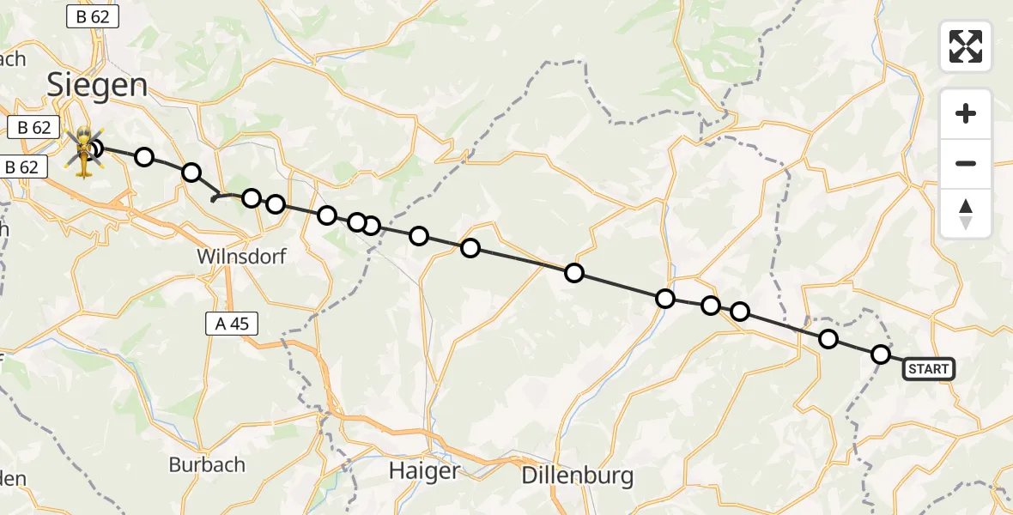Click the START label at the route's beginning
pyautogui.click(x=928, y=370)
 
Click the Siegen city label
pyautogui.click(x=96, y=85)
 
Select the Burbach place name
pyautogui.click(x=207, y=464)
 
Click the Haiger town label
pyautogui.click(x=424, y=470)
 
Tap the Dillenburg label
pyautogui.click(x=578, y=475)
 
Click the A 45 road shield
pyautogui.click(x=232, y=324)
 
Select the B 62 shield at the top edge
pyautogui.click(x=92, y=15)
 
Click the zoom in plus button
pyautogui.click(x=966, y=113)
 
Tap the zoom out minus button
pyautogui.click(x=966, y=163)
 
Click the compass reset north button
pyautogui.click(x=966, y=214)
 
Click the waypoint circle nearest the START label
pyautogui.click(x=881, y=354)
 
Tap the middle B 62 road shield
pyautogui.click(x=33, y=128)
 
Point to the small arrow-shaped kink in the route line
pyautogui.click(x=214, y=198)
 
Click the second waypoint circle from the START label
pyautogui.click(x=828, y=339)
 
